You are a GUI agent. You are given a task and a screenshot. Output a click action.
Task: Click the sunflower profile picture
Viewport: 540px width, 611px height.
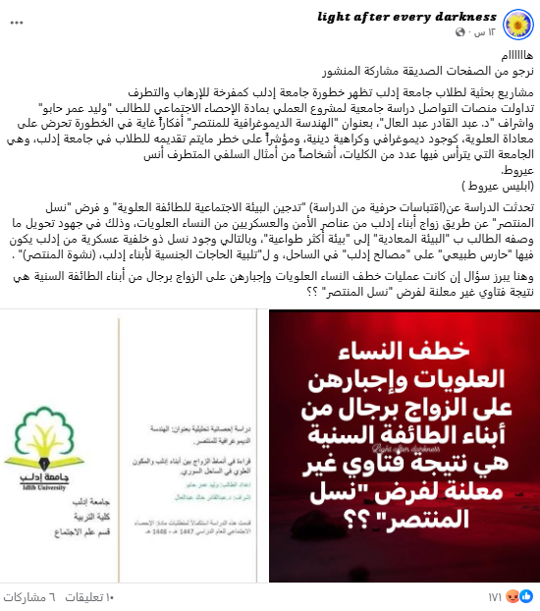pos(516,26)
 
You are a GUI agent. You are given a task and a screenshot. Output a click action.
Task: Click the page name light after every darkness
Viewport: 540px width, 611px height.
pos(406,18)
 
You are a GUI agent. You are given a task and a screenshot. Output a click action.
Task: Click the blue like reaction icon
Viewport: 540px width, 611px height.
pos(531,595)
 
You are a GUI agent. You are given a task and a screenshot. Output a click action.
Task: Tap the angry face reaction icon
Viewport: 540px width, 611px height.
pos(519,595)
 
